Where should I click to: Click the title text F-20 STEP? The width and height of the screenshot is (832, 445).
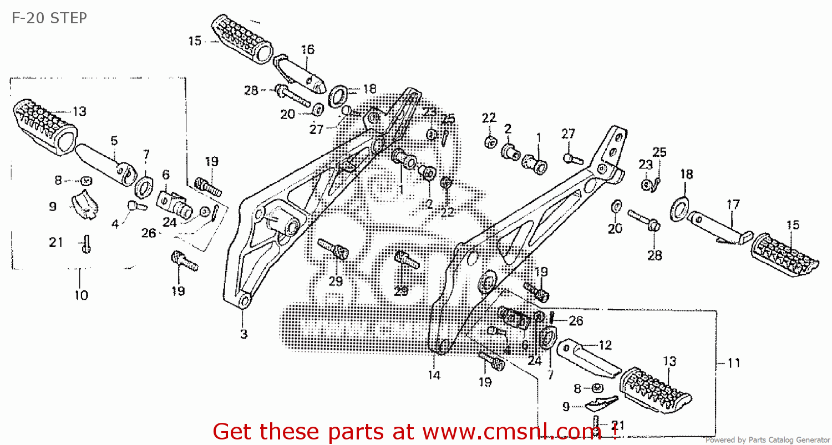pos(49,18)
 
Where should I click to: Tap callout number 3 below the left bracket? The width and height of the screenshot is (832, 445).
pos(243,334)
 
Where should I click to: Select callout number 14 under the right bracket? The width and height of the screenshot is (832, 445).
pos(434,375)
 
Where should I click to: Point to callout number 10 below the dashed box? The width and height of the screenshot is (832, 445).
pos(81,295)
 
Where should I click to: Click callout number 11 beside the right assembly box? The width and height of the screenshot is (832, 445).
pos(733,364)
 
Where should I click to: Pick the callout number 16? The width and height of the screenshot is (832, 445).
pos(307,49)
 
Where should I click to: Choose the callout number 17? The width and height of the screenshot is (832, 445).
pos(733,204)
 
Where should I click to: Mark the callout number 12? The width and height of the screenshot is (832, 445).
pos(605,345)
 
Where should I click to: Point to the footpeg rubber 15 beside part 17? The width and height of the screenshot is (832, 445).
pos(785,254)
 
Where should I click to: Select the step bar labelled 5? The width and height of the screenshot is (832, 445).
pos(103,161)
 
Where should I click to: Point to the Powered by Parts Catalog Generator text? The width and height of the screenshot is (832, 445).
pos(767,440)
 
